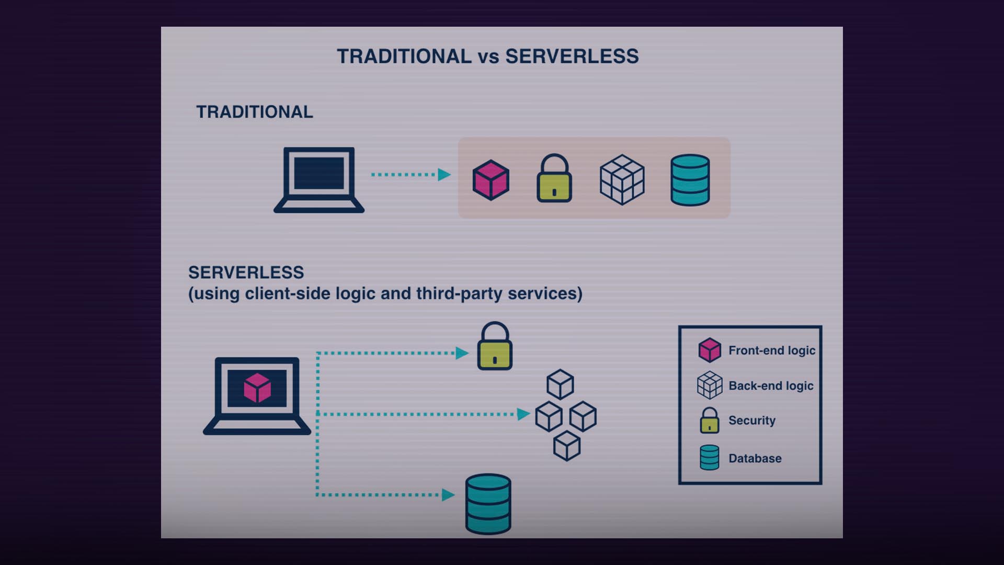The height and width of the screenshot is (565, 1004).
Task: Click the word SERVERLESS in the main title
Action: click(572, 56)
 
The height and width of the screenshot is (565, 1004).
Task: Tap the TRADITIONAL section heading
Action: click(254, 112)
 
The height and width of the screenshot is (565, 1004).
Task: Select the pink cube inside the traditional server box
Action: click(490, 180)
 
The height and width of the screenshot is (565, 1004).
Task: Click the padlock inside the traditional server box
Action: click(554, 179)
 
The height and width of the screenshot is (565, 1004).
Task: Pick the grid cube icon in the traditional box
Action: click(622, 179)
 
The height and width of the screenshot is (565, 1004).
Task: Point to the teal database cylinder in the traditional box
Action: click(690, 179)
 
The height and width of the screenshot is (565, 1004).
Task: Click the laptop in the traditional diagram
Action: click(319, 179)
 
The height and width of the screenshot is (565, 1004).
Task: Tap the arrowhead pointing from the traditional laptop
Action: click(444, 174)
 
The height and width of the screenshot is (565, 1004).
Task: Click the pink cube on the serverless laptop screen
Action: click(257, 388)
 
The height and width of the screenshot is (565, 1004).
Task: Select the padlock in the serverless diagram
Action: click(495, 347)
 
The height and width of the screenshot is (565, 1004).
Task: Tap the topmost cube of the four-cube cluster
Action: click(560, 385)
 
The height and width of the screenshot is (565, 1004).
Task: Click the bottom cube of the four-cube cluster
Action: click(567, 446)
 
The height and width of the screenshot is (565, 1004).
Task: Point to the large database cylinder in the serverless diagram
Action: click(488, 504)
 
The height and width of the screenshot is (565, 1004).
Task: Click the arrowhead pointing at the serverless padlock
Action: click(462, 353)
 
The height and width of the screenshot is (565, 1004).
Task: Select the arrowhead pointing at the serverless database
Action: click(448, 494)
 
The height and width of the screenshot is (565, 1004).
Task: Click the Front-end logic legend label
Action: click(771, 351)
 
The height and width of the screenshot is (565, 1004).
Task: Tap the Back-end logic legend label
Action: click(770, 386)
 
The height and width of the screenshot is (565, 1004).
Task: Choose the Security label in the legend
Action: click(751, 421)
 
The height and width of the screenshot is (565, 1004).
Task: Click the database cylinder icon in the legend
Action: click(710, 458)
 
